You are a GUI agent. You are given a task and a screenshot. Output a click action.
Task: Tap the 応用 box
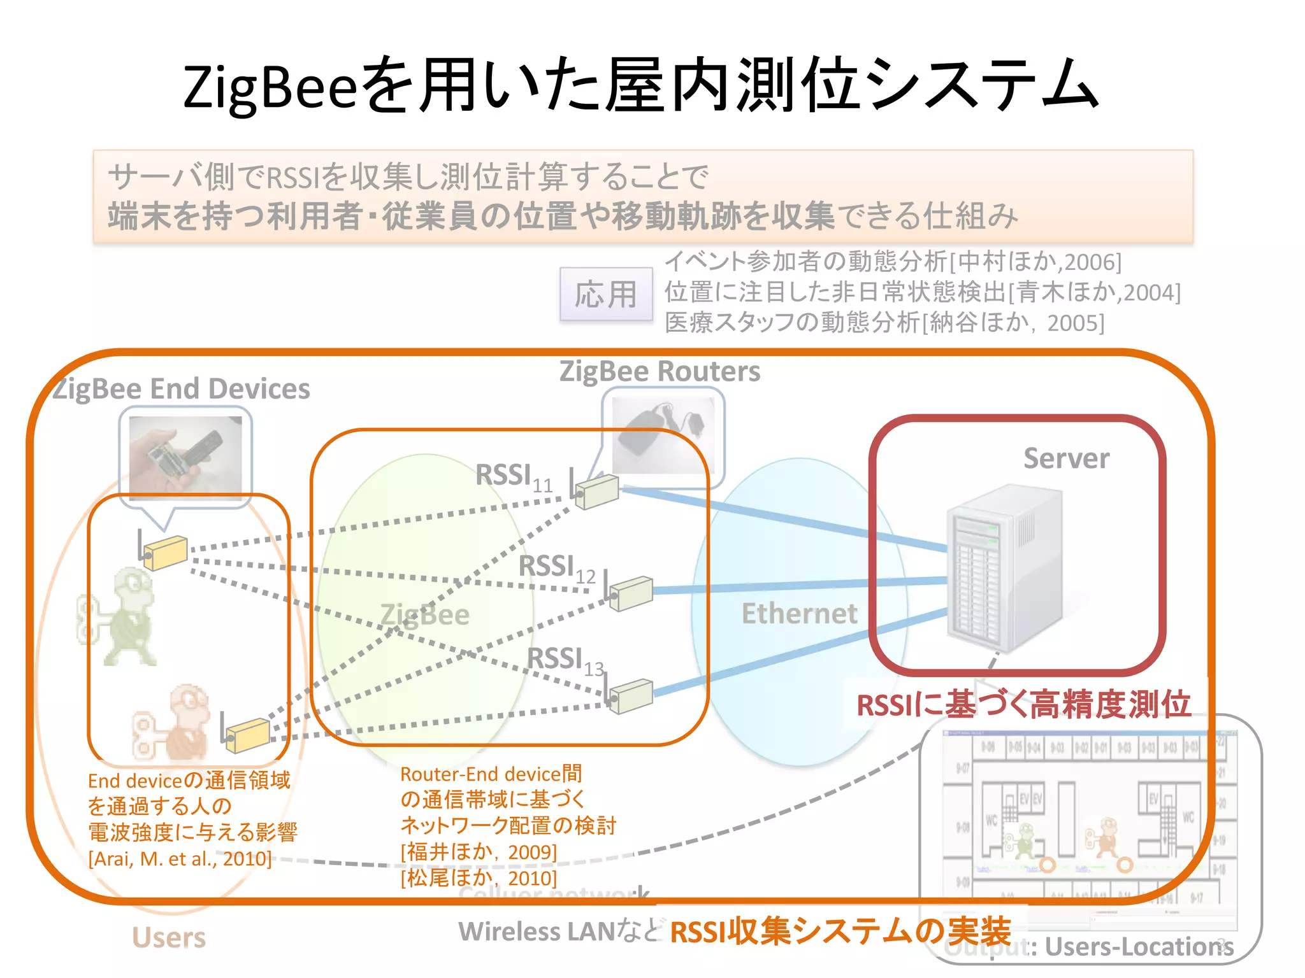606,295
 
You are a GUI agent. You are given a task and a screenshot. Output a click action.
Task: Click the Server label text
1066,458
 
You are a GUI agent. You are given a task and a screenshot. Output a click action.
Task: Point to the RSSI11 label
513,477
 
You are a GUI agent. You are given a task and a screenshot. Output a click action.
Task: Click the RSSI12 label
556,567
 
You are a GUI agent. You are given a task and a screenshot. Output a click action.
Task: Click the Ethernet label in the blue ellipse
799,614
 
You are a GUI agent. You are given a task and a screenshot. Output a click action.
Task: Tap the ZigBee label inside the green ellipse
424,615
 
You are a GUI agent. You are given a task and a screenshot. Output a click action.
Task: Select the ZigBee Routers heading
660,371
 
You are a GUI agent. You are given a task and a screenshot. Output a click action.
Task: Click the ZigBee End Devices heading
182,389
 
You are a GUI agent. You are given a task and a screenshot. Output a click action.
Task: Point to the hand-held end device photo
185,455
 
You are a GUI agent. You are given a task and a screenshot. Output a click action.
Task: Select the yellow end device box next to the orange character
247,734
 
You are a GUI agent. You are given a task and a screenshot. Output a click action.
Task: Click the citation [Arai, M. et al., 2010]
180,859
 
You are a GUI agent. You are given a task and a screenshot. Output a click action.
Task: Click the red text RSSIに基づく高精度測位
1023,705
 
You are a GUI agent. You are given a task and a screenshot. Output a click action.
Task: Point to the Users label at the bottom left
169,937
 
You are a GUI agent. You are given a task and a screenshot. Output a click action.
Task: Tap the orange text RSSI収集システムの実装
840,932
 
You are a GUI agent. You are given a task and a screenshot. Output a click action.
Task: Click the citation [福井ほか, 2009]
479,852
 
